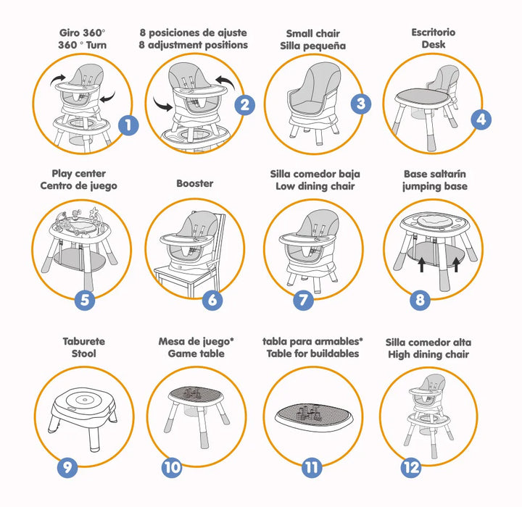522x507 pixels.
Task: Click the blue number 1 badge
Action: tap(128, 125)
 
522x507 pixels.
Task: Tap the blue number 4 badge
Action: tap(481, 120)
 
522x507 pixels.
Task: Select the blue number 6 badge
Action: tap(212, 300)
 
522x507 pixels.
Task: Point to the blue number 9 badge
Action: tap(67, 468)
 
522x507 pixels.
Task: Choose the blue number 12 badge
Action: tap(411, 468)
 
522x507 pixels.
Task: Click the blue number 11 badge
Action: tap(312, 468)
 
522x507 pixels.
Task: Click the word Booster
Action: tap(195, 183)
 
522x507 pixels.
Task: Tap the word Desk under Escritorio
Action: tap(433, 44)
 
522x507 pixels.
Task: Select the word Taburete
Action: tap(84, 341)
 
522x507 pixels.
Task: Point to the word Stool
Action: tap(84, 353)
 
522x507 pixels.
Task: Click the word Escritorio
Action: tap(433, 33)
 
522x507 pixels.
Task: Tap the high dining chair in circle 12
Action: tap(428, 416)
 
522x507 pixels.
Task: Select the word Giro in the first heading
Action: tap(70, 33)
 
